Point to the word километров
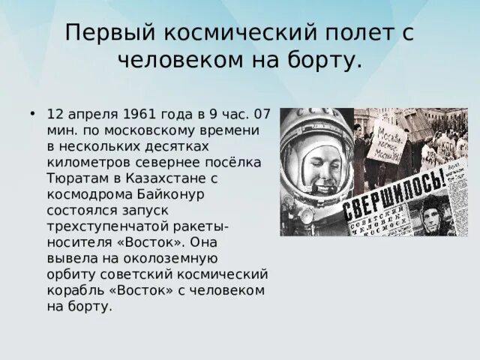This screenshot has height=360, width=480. [x=85, y=163]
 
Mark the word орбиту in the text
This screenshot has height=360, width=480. [x=69, y=274]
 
